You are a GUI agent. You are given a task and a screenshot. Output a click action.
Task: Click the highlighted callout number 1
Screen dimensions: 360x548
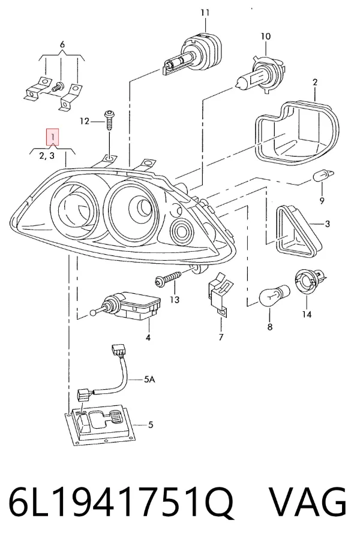tap(52, 137)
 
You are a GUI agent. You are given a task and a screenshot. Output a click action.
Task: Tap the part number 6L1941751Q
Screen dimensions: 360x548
tap(121, 502)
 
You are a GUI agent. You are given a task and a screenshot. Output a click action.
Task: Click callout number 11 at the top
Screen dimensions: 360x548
tap(205, 13)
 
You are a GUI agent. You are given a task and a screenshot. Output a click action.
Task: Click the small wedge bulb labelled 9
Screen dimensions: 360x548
tap(323, 175)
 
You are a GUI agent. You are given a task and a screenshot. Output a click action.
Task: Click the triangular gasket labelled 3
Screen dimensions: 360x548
tap(298, 231)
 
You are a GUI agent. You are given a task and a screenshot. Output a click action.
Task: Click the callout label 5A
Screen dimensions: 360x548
tap(149, 378)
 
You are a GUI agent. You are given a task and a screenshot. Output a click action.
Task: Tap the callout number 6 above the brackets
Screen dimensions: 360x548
tap(62, 45)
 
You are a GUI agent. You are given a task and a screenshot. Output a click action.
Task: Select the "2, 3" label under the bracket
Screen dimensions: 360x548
tap(47, 155)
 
